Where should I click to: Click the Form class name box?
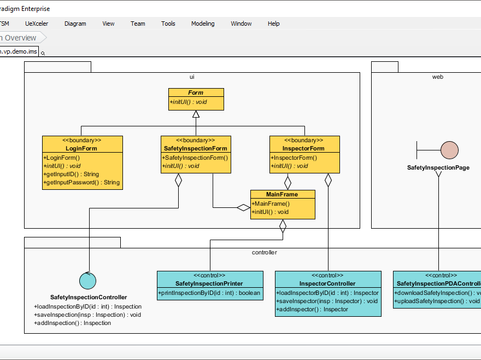(196, 92)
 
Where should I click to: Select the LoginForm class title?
(81, 148)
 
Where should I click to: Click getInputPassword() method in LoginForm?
(82, 182)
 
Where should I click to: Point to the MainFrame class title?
(282, 194)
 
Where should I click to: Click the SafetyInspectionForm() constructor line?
(195, 158)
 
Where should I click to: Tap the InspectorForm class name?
(304, 148)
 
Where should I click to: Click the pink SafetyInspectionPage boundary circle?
(449, 150)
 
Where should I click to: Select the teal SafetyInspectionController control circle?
(87, 281)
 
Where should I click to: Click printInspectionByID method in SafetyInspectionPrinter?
(209, 293)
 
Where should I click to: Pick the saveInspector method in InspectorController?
(328, 301)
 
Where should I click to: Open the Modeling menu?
(203, 24)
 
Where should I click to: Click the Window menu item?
(241, 24)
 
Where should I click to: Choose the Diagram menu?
(75, 24)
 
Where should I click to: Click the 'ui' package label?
(192, 77)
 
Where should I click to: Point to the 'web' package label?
(437, 77)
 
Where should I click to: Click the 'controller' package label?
(264, 252)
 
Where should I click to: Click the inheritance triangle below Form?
(196, 114)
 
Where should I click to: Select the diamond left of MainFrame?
(243, 207)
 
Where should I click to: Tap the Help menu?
(273, 24)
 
